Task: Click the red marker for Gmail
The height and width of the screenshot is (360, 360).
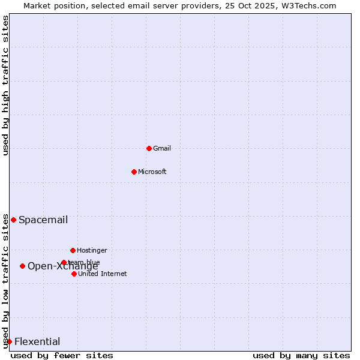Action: [x=149, y=148]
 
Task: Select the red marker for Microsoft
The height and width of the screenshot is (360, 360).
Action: [x=134, y=172]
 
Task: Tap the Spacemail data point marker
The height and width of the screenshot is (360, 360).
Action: [x=13, y=220]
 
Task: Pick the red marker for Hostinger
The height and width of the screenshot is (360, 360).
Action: [x=73, y=250]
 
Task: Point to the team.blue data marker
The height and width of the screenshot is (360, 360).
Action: [x=64, y=262]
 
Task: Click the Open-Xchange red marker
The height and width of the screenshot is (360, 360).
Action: [x=22, y=266]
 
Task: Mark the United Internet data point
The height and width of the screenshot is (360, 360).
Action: [x=74, y=274]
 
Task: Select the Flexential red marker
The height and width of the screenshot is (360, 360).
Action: [x=9, y=341]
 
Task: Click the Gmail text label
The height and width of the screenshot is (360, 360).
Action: [x=162, y=148]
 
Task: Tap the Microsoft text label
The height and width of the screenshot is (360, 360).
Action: [x=152, y=172]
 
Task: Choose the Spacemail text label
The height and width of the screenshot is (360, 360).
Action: [x=43, y=220]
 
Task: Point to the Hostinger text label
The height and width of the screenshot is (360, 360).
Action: [x=92, y=250]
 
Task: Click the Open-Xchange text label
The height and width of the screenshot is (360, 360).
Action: [x=62, y=266]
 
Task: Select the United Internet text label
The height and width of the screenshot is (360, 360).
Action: [x=102, y=274]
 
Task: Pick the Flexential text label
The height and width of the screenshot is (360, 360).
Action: [x=37, y=341]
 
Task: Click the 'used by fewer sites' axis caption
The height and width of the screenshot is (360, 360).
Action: [x=62, y=355]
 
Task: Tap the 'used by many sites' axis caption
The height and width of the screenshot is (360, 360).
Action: [x=301, y=355]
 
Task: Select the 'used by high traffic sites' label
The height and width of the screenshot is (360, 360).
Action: [x=5, y=85]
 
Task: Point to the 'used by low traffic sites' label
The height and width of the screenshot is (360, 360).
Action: [x=5, y=281]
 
